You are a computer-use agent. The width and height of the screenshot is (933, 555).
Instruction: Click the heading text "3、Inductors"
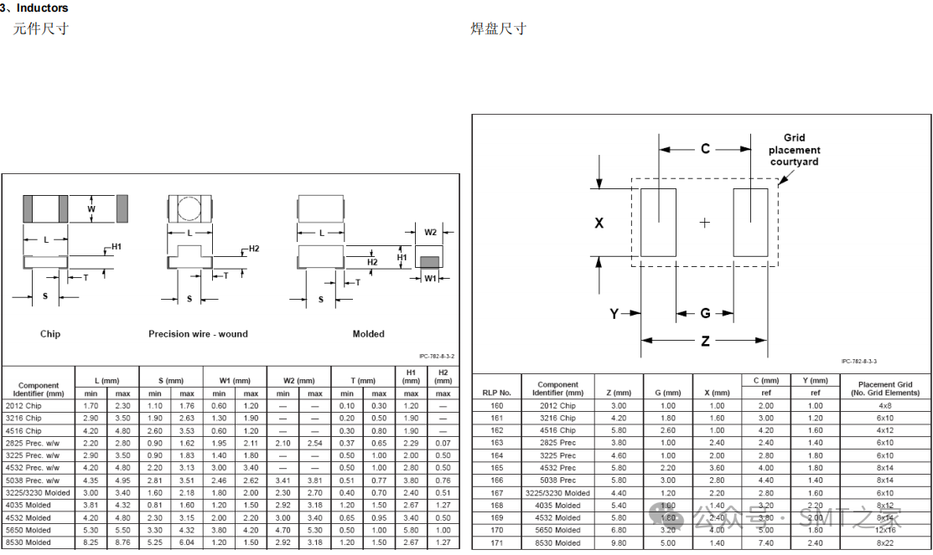pos(34,8)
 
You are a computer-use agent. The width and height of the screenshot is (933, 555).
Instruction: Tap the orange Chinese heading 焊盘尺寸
pos(498,29)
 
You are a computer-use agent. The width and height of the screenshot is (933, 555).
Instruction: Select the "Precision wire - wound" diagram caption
pos(198,334)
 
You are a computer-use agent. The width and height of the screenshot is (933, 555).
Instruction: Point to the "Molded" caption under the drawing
pos(368,334)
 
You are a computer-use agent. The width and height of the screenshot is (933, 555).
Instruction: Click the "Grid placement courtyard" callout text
pos(794,150)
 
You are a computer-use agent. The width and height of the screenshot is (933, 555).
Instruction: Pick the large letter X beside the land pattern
pos(599,224)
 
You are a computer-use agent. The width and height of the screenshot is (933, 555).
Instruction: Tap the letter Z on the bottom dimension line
pos(705,341)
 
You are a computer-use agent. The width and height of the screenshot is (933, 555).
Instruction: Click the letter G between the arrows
pos(705,314)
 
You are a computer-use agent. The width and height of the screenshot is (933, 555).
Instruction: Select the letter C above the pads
pos(705,149)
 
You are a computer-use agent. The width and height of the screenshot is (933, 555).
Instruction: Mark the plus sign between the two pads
pos(705,223)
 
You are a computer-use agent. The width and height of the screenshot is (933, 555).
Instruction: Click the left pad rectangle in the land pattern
pos(658,222)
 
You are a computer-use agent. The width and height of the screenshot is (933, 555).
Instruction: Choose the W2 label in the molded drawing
pos(430,232)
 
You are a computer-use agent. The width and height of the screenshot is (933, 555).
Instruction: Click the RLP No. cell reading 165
pos(496,468)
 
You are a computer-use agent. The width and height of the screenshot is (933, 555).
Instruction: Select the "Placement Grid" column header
pos(884,385)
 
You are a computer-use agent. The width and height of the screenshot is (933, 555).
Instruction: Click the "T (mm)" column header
pos(363,381)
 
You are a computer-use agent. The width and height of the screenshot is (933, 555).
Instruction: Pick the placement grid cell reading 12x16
pos(885,531)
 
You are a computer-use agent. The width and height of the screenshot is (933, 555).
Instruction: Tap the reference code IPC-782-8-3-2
pos(436,357)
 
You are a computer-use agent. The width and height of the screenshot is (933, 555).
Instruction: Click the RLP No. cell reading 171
pos(496,543)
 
